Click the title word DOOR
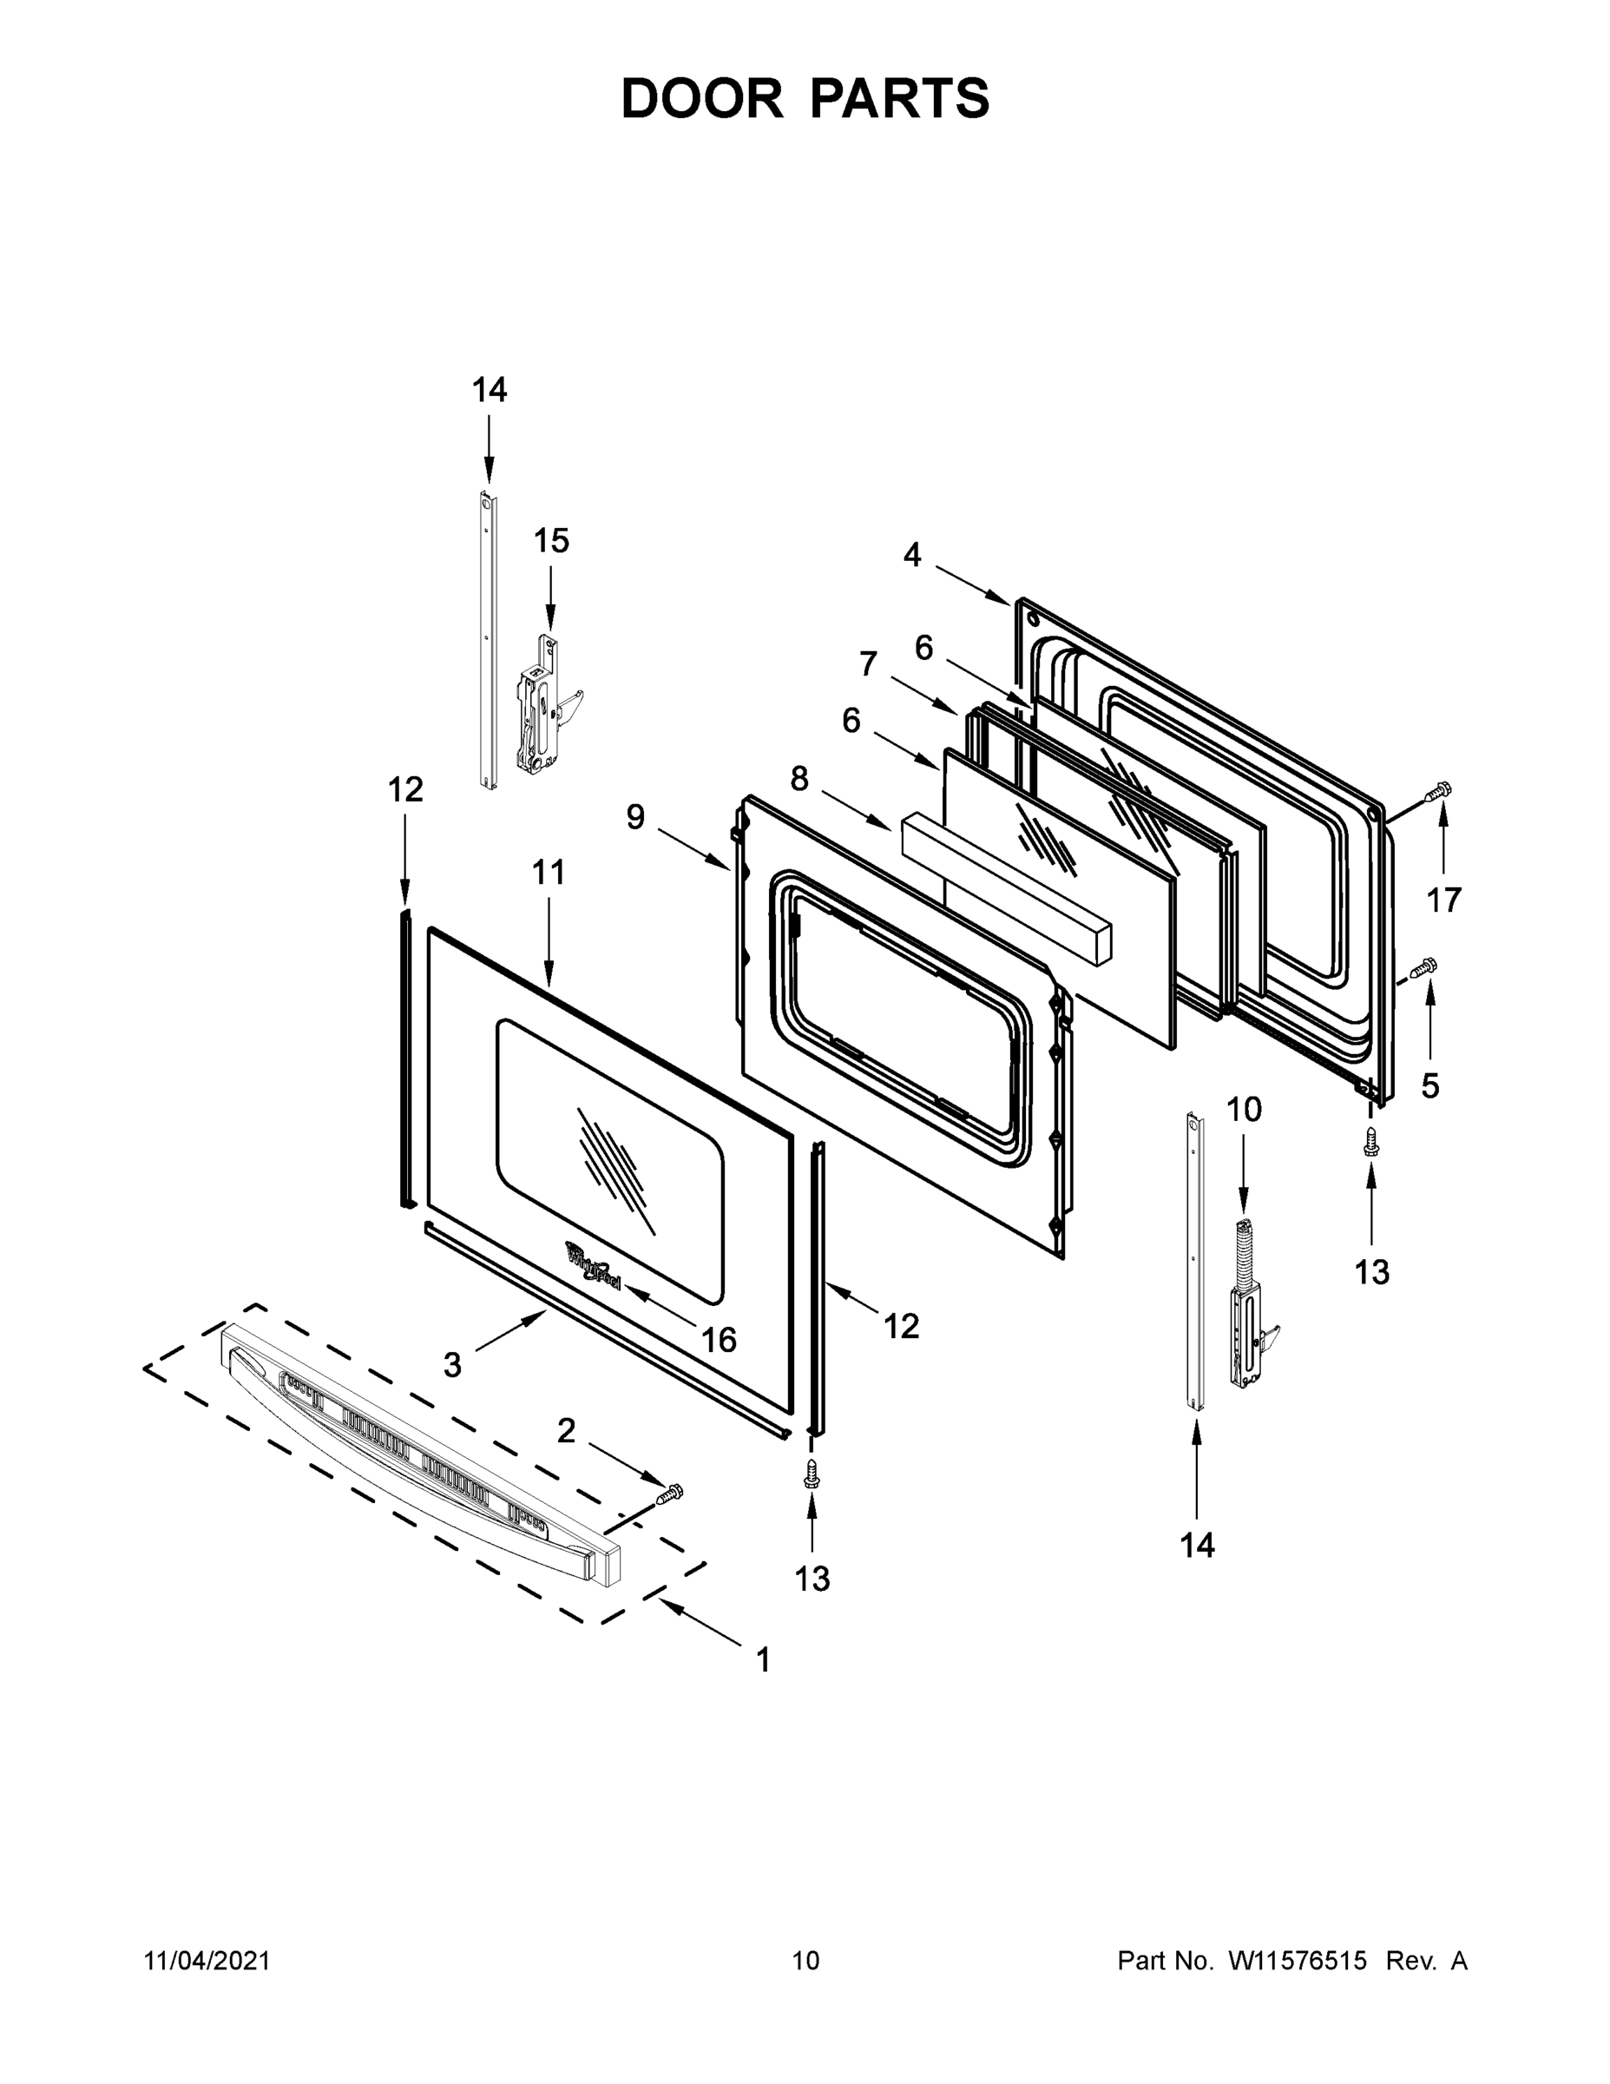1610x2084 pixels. click(701, 98)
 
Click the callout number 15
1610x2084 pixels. click(550, 541)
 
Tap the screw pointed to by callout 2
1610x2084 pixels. click(672, 1493)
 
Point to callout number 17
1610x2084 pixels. click(1444, 900)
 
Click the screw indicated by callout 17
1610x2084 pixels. click(1437, 791)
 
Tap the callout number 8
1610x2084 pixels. click(799, 780)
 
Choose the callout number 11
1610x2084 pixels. click(549, 872)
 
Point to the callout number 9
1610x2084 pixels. click(635, 817)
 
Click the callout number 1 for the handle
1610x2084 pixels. click(762, 1660)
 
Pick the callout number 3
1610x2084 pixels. click(452, 1366)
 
